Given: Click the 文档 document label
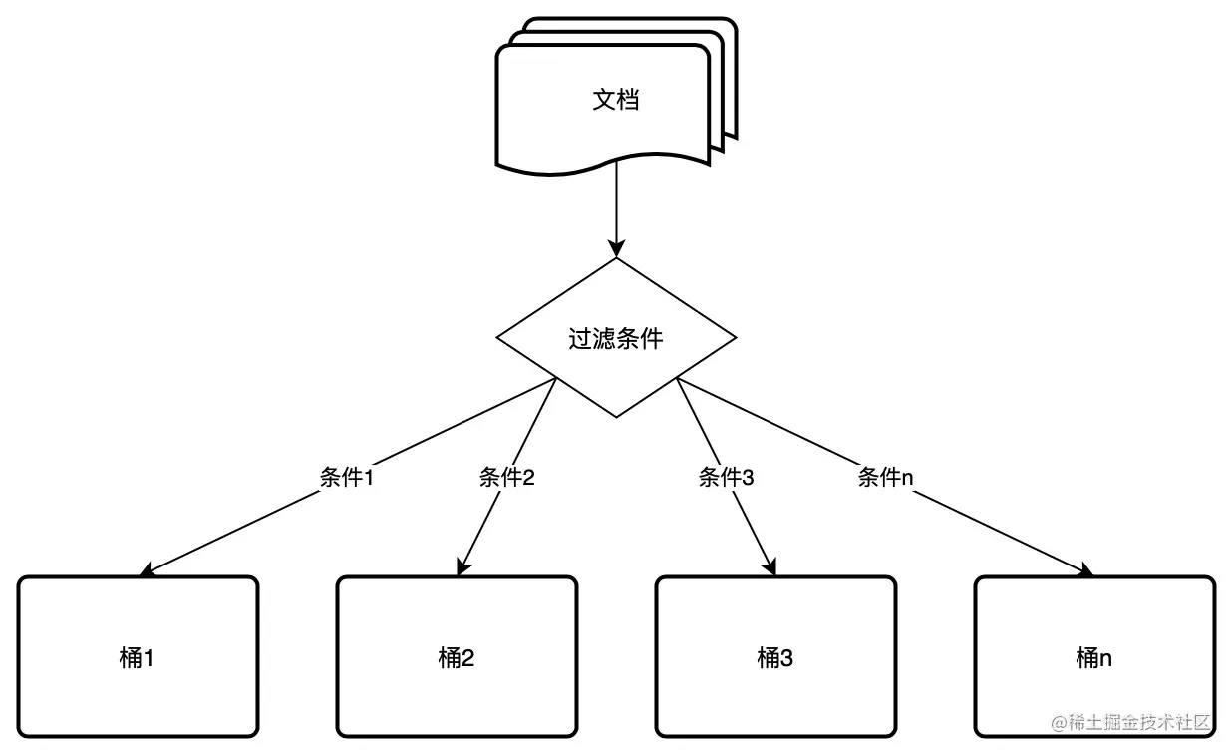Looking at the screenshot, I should click(615, 100).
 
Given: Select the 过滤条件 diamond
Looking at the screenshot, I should click(615, 338).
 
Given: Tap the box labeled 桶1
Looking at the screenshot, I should click(138, 656).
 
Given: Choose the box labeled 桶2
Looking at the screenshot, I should click(457, 656).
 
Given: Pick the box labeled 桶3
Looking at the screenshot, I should click(774, 656).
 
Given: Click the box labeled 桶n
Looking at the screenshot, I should click(1093, 656).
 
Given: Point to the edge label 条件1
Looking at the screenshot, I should click(346, 477).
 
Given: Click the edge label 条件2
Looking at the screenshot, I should click(506, 477).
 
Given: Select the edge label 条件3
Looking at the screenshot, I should click(726, 477).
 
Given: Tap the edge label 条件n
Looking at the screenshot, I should click(885, 477).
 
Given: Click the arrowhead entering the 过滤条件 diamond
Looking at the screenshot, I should click(616, 249).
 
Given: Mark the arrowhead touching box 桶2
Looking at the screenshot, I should click(462, 568).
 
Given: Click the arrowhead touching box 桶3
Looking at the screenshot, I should click(770, 568).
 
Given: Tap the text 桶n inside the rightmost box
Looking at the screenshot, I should click(1093, 657).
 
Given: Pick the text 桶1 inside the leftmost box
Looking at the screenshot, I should click(138, 657).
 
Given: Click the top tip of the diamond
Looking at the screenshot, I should click(616, 260).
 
